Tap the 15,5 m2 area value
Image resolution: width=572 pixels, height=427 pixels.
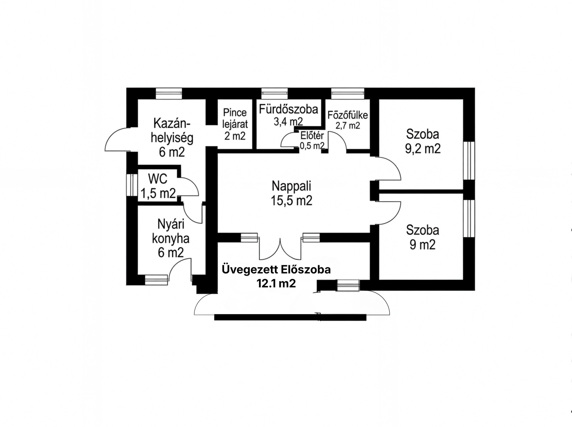(x=291, y=200)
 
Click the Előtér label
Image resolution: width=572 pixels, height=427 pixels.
(x=312, y=136)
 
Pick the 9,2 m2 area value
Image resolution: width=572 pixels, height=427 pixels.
(x=423, y=149)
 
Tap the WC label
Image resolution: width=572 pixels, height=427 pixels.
(x=158, y=179)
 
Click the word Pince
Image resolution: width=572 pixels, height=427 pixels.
(x=235, y=113)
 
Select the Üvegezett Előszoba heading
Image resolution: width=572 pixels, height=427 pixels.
(x=276, y=270)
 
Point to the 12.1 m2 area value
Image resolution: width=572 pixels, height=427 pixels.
(x=276, y=284)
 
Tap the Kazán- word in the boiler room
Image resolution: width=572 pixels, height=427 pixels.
(x=172, y=124)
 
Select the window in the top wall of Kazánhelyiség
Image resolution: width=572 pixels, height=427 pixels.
(x=169, y=94)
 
